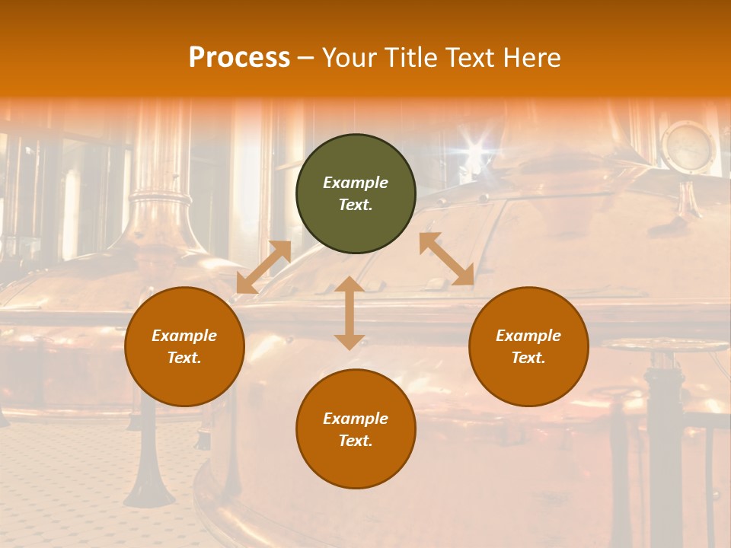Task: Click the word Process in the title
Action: pos(239,58)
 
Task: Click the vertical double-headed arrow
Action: pos(350,313)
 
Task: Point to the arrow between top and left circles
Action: pos(263,267)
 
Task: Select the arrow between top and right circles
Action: pos(447,259)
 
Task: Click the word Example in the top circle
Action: pos(356,183)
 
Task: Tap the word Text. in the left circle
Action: pos(184,358)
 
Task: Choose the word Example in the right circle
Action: pos(528,336)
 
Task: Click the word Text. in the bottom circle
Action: pos(356,441)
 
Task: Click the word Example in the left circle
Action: pos(184,336)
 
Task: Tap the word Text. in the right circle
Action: pos(528,358)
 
